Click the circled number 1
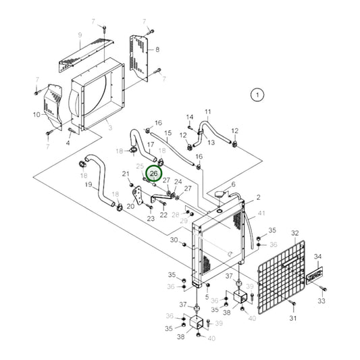tap(257, 95)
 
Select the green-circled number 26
tap(153, 174)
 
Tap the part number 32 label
tap(294, 234)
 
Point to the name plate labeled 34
tap(316, 276)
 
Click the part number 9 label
tap(80, 35)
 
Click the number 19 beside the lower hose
tap(88, 184)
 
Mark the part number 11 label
tap(208, 111)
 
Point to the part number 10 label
tap(36, 115)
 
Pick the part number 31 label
tap(293, 318)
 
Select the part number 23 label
tap(151, 218)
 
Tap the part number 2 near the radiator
tap(257, 199)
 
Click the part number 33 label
tap(322, 301)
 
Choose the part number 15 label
tap(168, 133)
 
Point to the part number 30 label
tap(174, 240)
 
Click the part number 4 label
tap(68, 143)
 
